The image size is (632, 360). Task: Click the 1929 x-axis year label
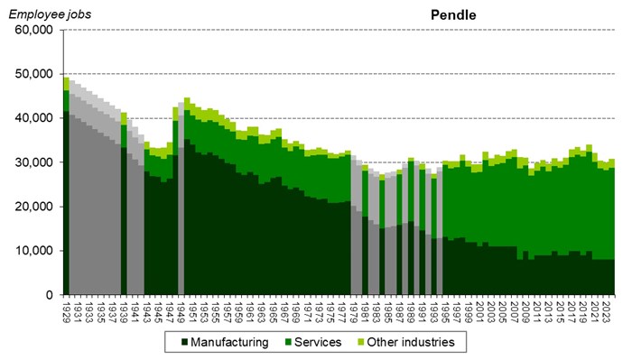click(67, 309)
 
